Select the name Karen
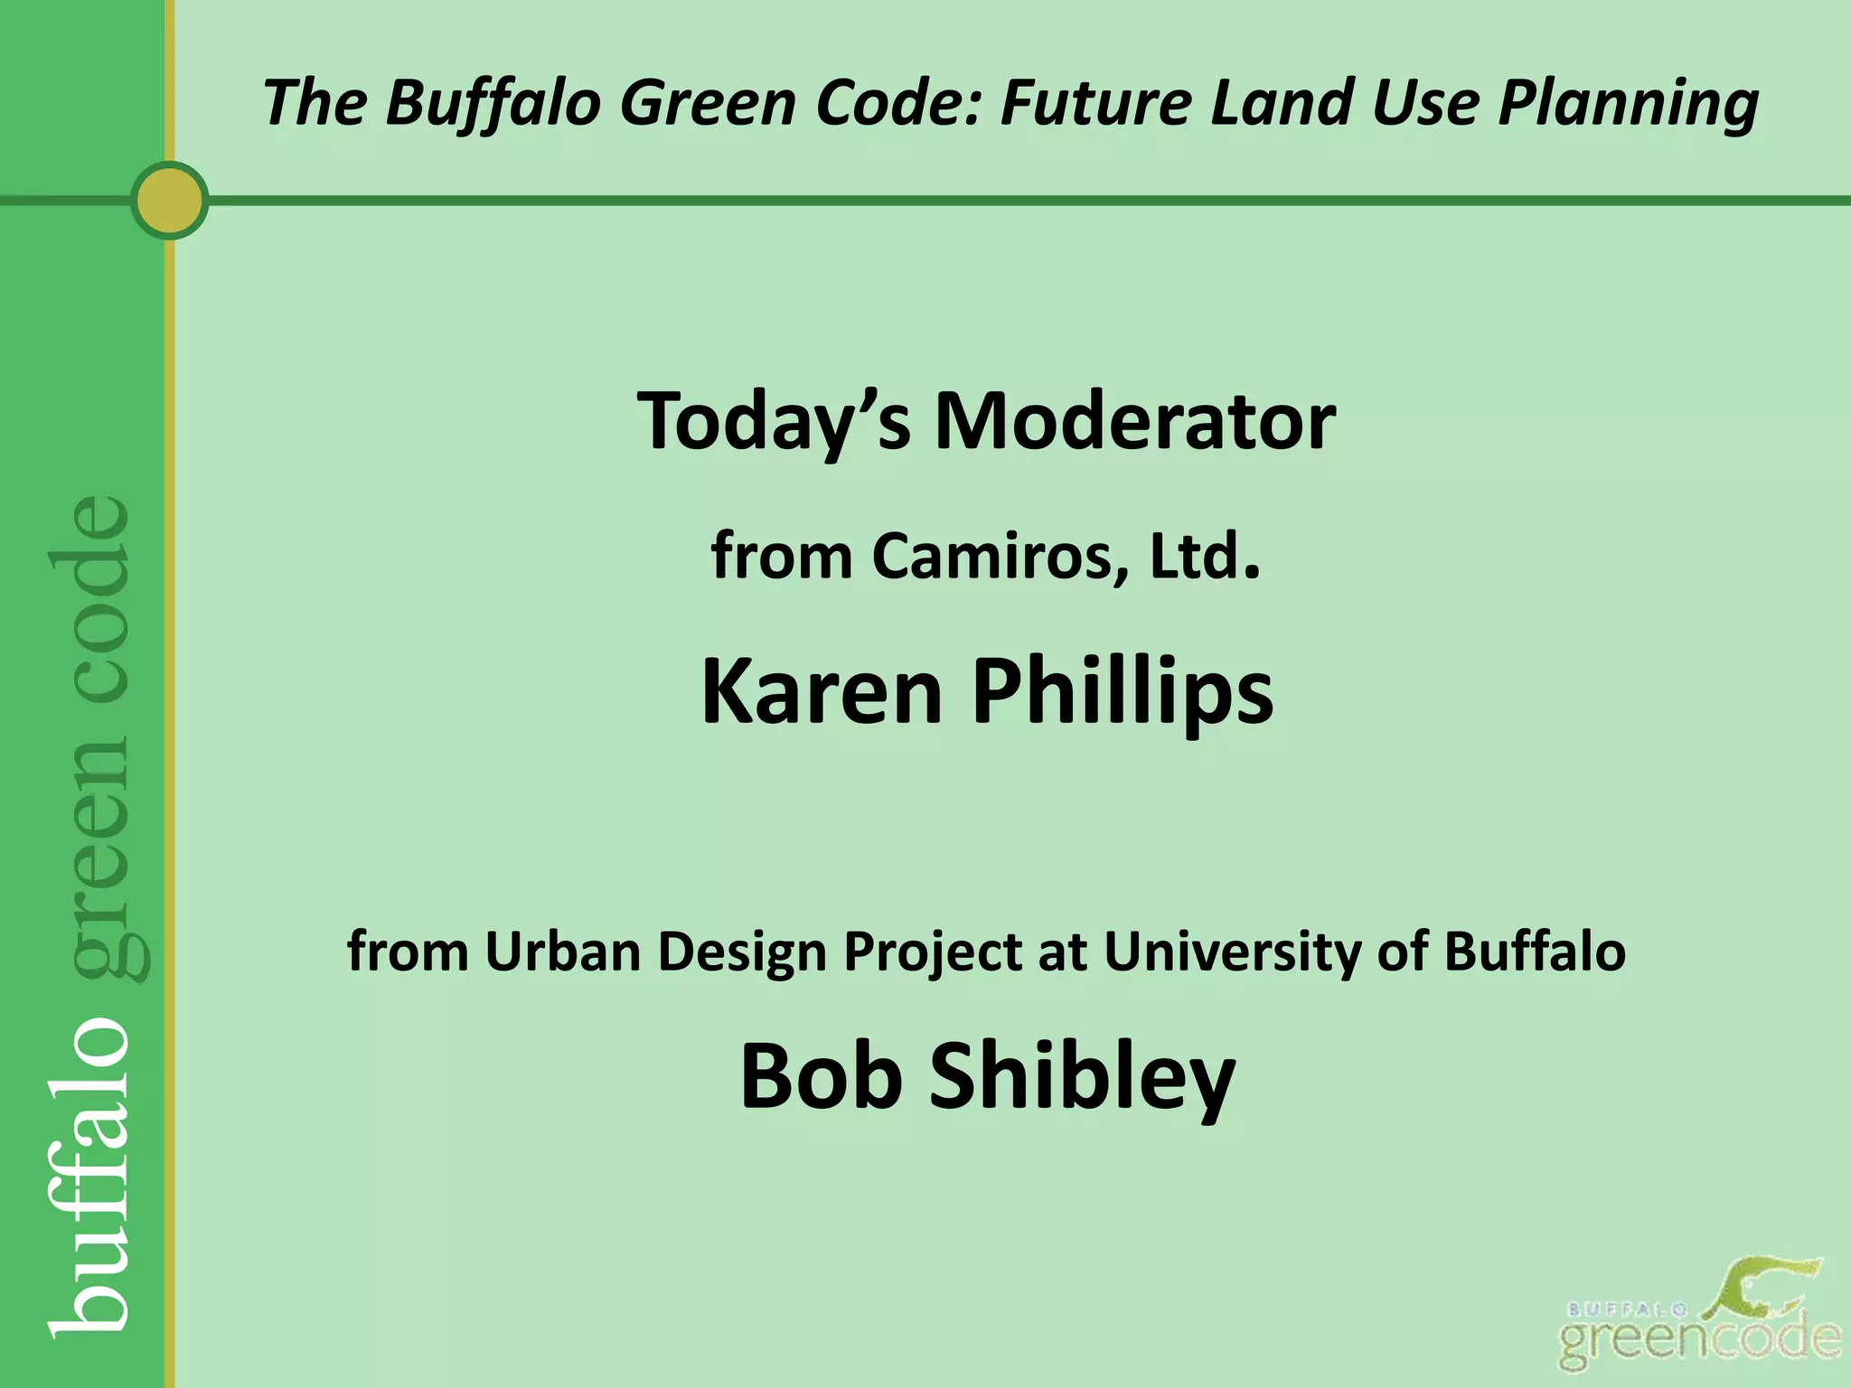tap(821, 691)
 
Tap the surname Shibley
tap(1082, 1075)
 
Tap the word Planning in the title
tap(1628, 101)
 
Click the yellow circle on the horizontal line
tap(169, 200)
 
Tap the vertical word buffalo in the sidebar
tap(90, 1175)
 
